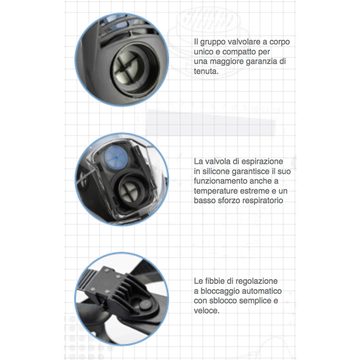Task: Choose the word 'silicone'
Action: pyautogui.click(x=216, y=171)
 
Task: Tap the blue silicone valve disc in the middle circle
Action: pyautogui.click(x=116, y=156)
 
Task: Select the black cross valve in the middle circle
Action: pyautogui.click(x=133, y=191)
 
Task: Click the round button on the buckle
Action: pyautogui.click(x=144, y=304)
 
